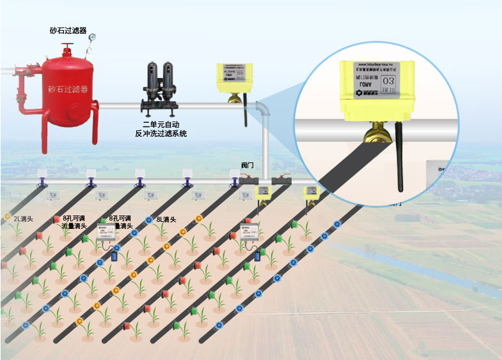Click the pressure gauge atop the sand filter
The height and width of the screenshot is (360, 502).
(93, 38)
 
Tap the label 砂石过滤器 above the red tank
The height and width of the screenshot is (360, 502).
(68, 30)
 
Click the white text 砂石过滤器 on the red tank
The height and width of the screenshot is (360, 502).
(67, 88)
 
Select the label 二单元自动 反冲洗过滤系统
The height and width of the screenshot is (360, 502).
(161, 129)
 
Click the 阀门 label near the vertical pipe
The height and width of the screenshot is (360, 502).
(247, 164)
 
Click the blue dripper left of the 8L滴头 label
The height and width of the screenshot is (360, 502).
(149, 220)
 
